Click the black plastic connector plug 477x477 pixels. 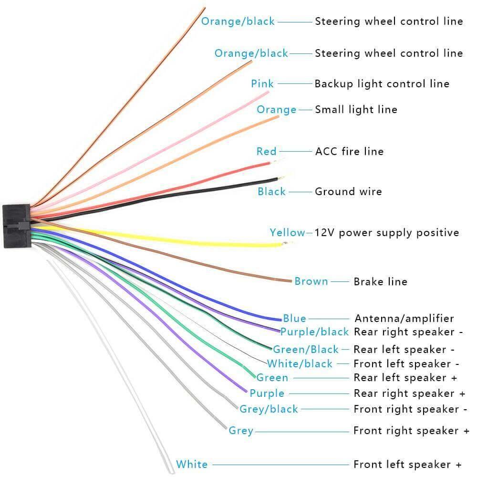pyautogui.click(x=17, y=226)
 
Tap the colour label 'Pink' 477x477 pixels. pyautogui.click(x=262, y=83)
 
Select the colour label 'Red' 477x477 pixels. pyautogui.click(x=267, y=151)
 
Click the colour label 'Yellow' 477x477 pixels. pyautogui.click(x=287, y=232)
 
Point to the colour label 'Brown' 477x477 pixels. pyautogui.click(x=311, y=281)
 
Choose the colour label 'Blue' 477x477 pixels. pyautogui.click(x=294, y=318)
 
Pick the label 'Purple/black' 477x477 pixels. pyautogui.click(x=314, y=332)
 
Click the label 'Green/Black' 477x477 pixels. pyautogui.click(x=306, y=349)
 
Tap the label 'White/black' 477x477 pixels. pyautogui.click(x=300, y=363)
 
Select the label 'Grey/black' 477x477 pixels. pyautogui.click(x=269, y=409)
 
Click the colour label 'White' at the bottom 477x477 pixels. pyautogui.click(x=192, y=464)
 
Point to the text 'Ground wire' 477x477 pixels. pyautogui.click(x=348, y=191)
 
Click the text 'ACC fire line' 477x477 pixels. pyautogui.click(x=350, y=151)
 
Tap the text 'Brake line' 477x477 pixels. pyautogui.click(x=380, y=281)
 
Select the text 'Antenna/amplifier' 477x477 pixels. pyautogui.click(x=404, y=319)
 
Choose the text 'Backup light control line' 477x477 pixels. pyautogui.click(x=382, y=83)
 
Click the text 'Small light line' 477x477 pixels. pyautogui.click(x=356, y=110)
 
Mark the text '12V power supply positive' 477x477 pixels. pyautogui.click(x=387, y=233)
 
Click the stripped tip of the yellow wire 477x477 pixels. pyautogui.click(x=286, y=243)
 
